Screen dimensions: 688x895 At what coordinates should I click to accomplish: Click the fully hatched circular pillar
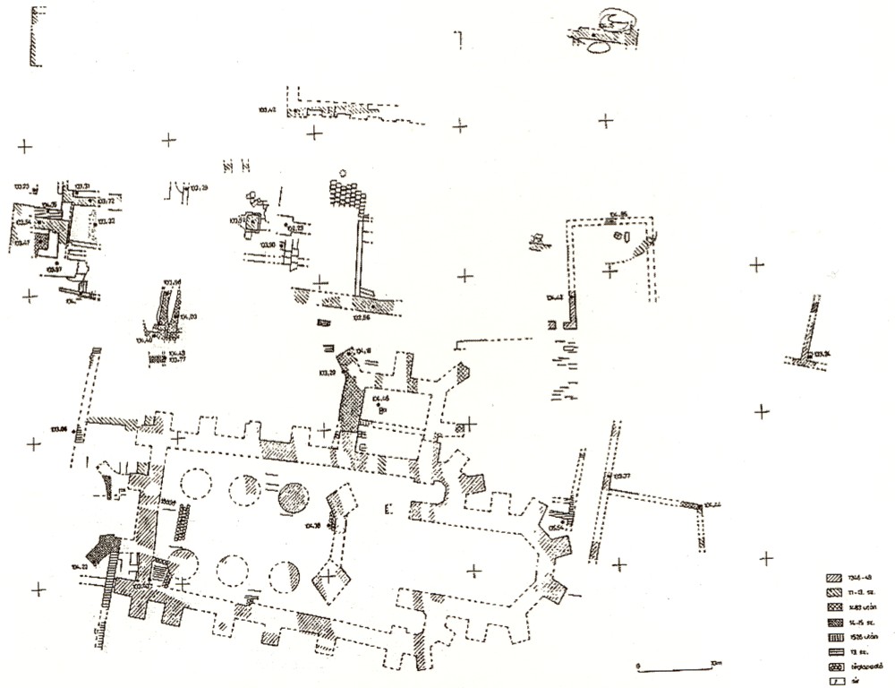pyautogui.click(x=293, y=498)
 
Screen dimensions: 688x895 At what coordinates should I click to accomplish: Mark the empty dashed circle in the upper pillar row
pyautogui.click(x=195, y=486)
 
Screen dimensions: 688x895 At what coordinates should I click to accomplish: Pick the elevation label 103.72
pyautogui.click(x=107, y=202)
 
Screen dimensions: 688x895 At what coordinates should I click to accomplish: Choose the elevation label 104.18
pyautogui.click(x=362, y=350)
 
